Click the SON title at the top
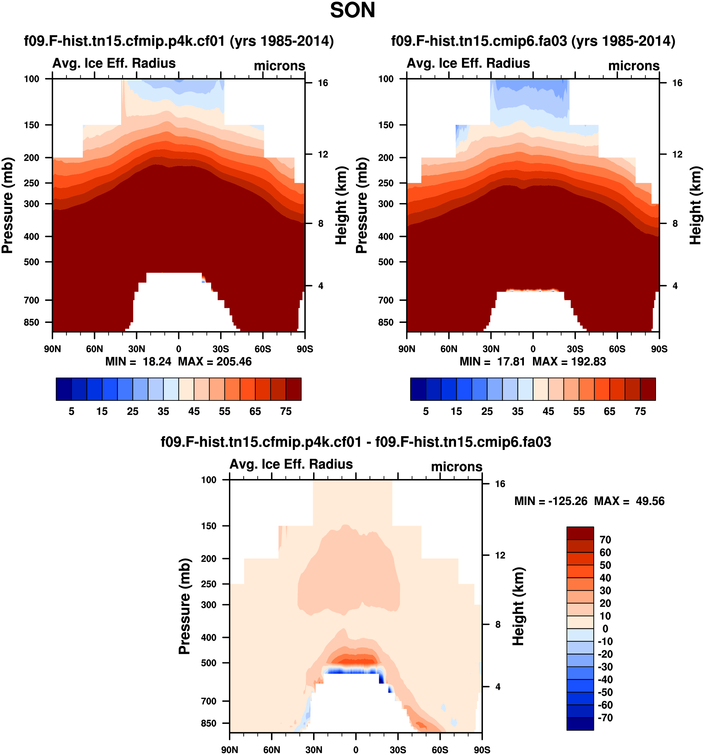click(352, 11)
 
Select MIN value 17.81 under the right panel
click(511, 362)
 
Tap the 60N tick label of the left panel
click(94, 349)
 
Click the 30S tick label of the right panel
click(575, 349)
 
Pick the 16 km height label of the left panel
click(323, 83)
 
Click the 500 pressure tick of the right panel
click(386, 262)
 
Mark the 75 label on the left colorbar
click(286, 411)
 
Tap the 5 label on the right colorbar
click(426, 411)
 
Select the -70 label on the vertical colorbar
click(605, 718)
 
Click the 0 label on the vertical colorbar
click(605, 629)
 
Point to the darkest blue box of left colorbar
click(63, 389)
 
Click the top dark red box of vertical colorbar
click(580, 533)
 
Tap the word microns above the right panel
click(634, 66)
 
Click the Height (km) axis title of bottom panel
click(518, 606)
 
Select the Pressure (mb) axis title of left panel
click(8, 205)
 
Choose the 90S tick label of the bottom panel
click(482, 750)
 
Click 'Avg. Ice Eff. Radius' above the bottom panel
click(291, 464)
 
